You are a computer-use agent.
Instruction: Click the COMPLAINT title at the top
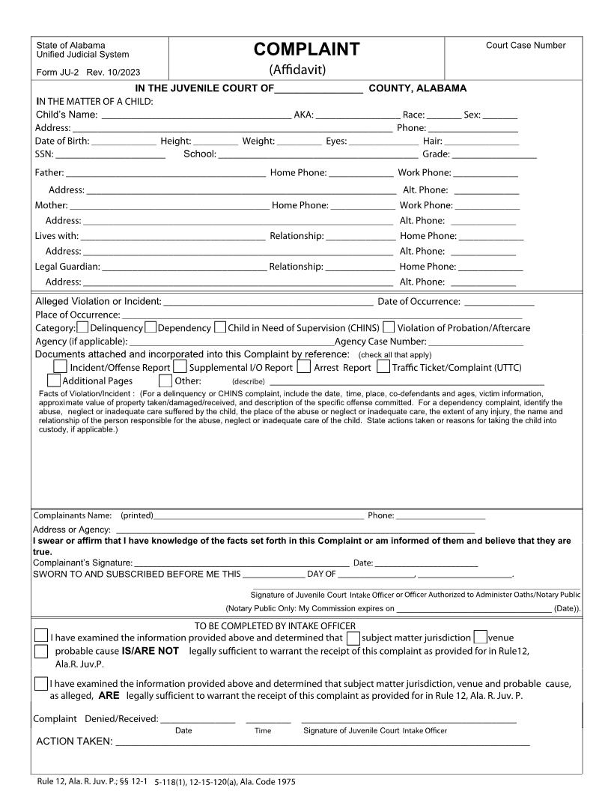307,49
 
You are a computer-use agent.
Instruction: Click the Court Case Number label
526,46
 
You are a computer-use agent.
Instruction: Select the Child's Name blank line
196,117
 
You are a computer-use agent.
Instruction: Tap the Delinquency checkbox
83,327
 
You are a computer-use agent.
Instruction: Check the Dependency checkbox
151,327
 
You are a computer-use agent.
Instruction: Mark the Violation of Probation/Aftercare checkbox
389,327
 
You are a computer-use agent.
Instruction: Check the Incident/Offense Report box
60,366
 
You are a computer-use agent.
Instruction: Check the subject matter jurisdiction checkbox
353,637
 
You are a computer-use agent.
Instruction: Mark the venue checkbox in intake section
481,637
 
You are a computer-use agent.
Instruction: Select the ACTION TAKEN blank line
322,744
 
